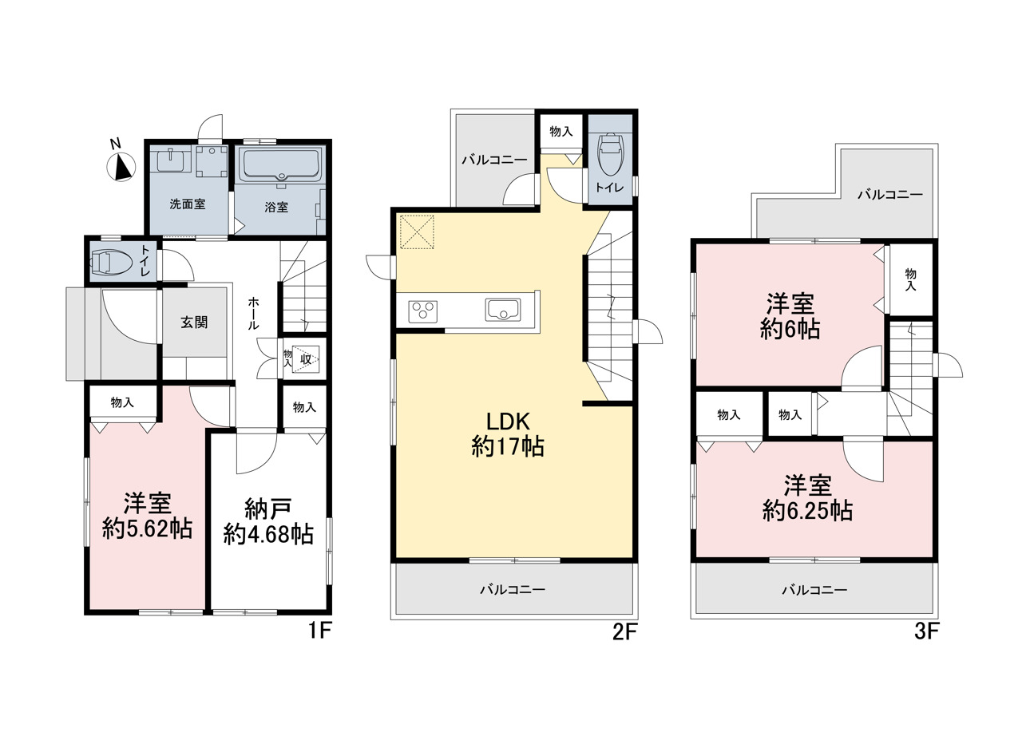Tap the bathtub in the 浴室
pos(281,165)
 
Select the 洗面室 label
pos(188,204)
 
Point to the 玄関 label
pos(194,323)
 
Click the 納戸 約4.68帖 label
pos(268,521)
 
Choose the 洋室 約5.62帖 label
pos(147,516)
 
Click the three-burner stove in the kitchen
pos(422,312)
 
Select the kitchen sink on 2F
pos(503,311)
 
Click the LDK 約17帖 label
pos(508,434)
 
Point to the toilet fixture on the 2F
pos(611,154)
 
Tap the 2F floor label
pos(624,632)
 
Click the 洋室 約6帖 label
pos(790,317)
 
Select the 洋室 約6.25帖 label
pos(807,498)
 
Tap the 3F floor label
pos(927,632)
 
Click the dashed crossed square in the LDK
pos(417,232)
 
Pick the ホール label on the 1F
pos(254,314)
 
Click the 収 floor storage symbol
pos(306,359)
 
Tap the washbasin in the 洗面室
pos(171,160)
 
